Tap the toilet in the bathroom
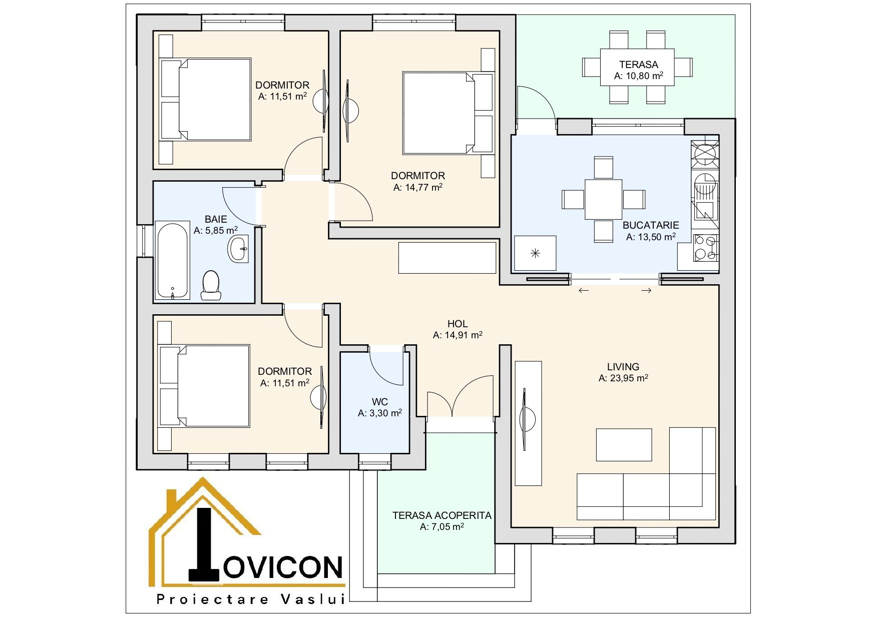(211, 285)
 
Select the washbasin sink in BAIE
(238, 249)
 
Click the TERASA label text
(638, 65)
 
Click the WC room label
(380, 402)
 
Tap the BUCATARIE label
(651, 225)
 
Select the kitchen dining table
(604, 199)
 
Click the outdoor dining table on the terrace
(637, 67)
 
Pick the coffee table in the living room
(624, 444)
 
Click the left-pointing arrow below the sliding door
(584, 291)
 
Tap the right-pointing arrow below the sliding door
(646, 291)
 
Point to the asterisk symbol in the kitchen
(535, 253)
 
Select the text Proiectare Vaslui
(251, 599)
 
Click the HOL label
(458, 324)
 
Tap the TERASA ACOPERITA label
(442, 515)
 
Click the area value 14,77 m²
(418, 188)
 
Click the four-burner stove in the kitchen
(706, 248)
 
